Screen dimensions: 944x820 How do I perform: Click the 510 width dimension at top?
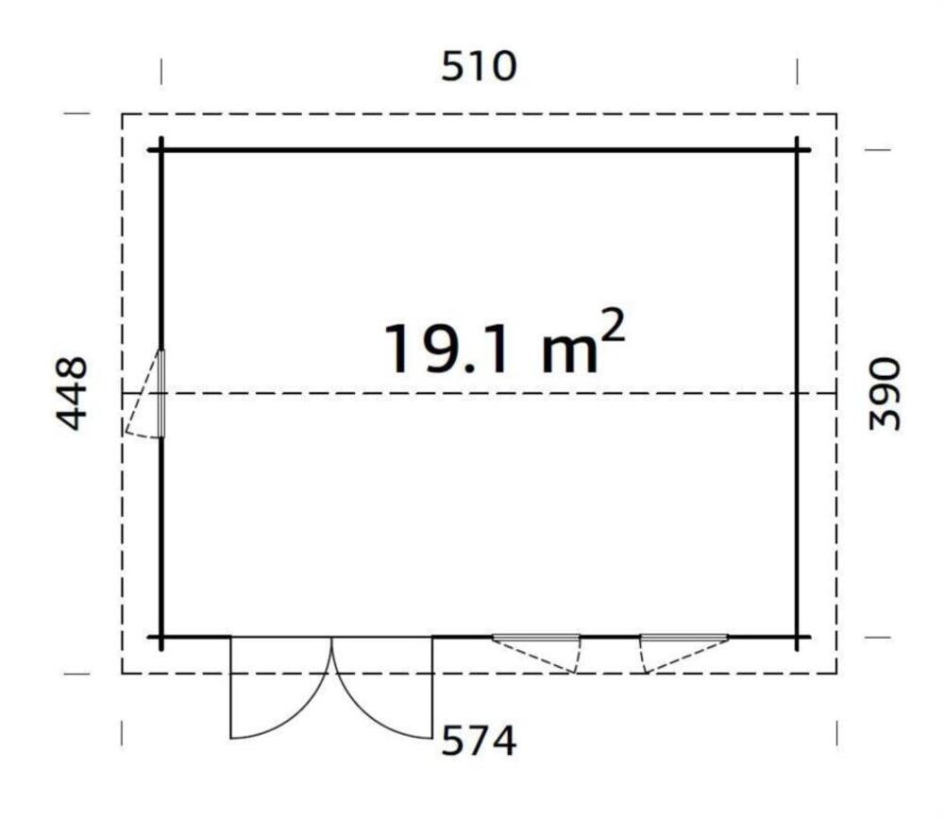(479, 66)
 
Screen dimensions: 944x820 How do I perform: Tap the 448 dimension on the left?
(72, 394)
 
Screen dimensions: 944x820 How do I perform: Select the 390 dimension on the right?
(885, 394)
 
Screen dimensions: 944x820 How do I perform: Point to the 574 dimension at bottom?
(479, 741)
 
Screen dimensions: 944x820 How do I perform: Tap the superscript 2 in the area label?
(613, 327)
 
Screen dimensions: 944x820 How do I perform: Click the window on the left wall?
(160, 393)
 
